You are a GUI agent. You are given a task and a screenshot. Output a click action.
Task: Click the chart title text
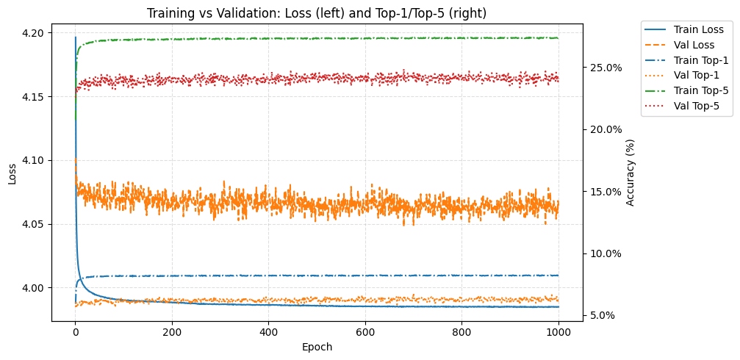coord(316,13)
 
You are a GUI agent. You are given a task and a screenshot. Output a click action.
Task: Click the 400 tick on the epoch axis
coord(268,332)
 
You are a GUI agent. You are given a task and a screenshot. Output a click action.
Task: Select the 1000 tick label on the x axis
coord(558,332)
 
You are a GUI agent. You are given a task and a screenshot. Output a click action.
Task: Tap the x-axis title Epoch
coord(317,347)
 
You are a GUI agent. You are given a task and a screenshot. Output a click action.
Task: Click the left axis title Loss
coord(12,174)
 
